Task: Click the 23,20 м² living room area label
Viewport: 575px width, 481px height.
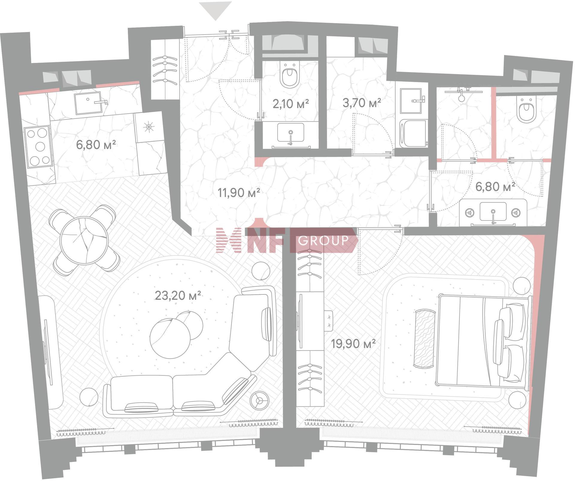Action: [x=178, y=296]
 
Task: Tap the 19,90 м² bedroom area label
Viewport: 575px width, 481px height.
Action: [x=353, y=344]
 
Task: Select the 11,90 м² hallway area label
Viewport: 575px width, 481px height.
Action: [x=239, y=193]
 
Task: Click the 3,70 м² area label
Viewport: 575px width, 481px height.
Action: [x=362, y=103]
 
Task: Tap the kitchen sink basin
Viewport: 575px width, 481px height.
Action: [x=87, y=103]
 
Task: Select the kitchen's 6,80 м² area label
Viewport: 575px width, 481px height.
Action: [x=96, y=145]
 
